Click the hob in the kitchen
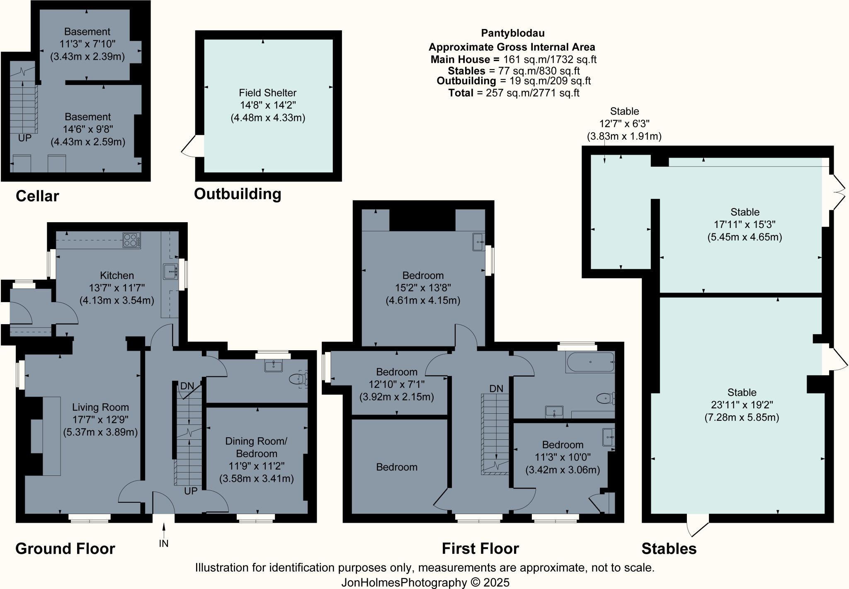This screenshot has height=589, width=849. click(x=131, y=240)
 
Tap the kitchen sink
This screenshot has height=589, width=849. click(x=170, y=271)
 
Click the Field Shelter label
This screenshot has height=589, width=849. click(x=267, y=93)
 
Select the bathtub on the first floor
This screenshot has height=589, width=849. click(x=590, y=362)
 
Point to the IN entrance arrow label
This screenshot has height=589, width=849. click(x=164, y=543)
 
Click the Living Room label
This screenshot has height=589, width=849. click(x=100, y=407)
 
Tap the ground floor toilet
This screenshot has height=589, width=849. click(x=298, y=379)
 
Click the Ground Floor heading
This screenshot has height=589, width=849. click(x=65, y=548)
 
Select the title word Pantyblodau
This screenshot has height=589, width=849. click(x=512, y=33)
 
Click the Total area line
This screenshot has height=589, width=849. click(x=513, y=93)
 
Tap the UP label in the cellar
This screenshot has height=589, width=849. click(x=25, y=138)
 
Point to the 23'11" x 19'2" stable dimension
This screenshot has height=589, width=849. click(x=742, y=405)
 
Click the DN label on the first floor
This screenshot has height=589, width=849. click(x=496, y=388)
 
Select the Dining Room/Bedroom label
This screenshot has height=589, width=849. click(x=256, y=447)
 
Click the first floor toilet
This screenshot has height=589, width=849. click(x=605, y=398)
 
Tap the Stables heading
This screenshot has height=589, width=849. click(x=669, y=548)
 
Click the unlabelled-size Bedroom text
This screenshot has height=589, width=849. click(x=397, y=467)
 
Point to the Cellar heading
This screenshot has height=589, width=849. click(x=37, y=196)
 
